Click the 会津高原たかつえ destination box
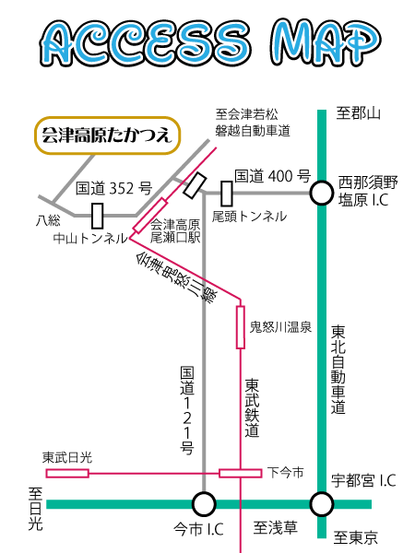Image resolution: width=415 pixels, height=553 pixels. (x=107, y=135)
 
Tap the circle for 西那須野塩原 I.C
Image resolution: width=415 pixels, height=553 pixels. (x=322, y=193)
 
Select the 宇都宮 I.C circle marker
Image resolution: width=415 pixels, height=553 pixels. (x=322, y=504)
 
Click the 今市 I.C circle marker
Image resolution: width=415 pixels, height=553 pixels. (x=204, y=504)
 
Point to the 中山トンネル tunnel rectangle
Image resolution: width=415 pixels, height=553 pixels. (x=98, y=216)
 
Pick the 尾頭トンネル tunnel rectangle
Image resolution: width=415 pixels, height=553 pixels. (x=227, y=194)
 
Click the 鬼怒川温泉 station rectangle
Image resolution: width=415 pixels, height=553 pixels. (x=241, y=327)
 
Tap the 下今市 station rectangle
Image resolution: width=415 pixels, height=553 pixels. (x=241, y=473)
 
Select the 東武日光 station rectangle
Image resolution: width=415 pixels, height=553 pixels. (x=67, y=473)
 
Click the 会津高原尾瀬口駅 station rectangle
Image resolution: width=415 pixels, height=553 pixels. (x=150, y=216)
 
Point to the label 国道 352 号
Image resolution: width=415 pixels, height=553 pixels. (x=113, y=188)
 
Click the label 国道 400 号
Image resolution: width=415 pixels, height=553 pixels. (x=272, y=176)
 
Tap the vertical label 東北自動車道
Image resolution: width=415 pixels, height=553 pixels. (x=338, y=370)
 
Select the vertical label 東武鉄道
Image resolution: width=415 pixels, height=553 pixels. (x=252, y=408)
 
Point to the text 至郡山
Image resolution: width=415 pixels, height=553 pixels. (x=358, y=113)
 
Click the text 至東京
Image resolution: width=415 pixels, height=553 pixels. (x=356, y=538)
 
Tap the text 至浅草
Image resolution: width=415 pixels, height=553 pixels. (x=275, y=528)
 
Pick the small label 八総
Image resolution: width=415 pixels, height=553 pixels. (x=48, y=221)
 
